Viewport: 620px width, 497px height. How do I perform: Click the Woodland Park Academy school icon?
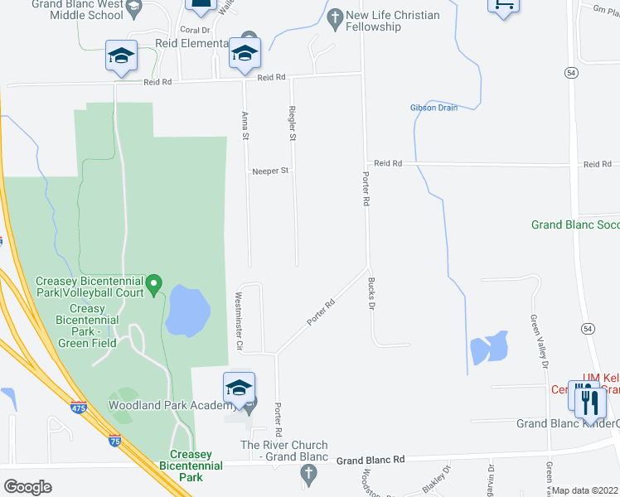pos(239,388)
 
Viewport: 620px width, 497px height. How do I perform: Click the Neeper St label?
pos(271,171)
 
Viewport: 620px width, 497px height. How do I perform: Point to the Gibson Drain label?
pos(434,108)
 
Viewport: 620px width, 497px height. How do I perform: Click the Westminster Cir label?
pos(239,321)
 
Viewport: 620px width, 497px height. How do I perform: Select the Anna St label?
pos(245,125)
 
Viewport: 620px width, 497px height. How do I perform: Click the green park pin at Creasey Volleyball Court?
pos(154,286)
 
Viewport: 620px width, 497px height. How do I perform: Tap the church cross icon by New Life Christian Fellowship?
pos(335,16)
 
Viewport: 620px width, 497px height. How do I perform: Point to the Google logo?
pos(27,487)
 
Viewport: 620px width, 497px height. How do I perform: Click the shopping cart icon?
pos(501,4)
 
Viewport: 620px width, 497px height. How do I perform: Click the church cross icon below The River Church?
pos(308,475)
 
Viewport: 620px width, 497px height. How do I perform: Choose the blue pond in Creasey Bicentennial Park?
pos(186,311)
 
